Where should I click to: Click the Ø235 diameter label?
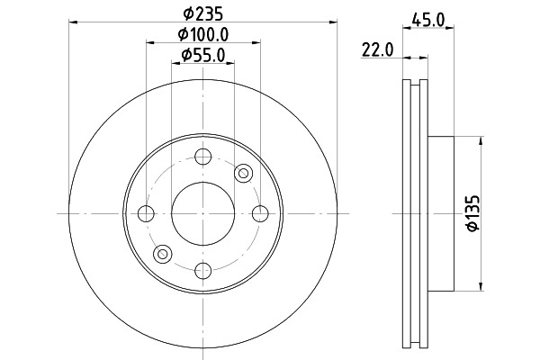tap(203, 13)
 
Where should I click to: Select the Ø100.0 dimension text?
tap(203, 34)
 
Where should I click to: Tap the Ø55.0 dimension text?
tap(203, 55)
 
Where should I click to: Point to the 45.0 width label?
tap(428, 20)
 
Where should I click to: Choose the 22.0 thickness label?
tap(377, 50)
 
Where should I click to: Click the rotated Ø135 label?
tap(472, 213)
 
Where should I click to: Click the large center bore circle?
tap(203, 182)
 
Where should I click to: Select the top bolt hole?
tap(202, 157)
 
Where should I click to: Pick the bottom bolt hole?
tap(202, 271)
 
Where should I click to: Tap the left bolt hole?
tap(146, 213)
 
